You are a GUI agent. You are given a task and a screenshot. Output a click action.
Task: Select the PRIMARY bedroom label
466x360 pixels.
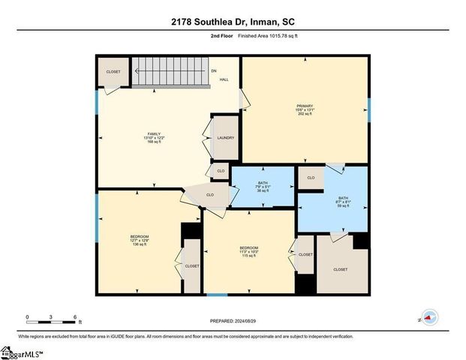tap(304, 109)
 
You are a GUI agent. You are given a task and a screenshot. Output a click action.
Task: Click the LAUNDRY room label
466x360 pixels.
tap(225, 138)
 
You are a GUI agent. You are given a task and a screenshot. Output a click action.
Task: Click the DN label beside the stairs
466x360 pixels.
tap(213, 71)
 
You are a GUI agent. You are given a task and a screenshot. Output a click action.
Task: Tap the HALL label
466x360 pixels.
tap(224, 79)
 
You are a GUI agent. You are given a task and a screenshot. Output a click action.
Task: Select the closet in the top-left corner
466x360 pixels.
tap(113, 72)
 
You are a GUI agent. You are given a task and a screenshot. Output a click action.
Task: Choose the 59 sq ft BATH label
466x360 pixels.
tap(343, 202)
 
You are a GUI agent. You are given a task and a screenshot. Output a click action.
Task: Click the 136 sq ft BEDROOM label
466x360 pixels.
tap(140, 240)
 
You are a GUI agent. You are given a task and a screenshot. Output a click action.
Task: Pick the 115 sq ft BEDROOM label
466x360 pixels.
tap(248, 251)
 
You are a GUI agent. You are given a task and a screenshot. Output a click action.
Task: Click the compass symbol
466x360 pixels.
tap(429, 317)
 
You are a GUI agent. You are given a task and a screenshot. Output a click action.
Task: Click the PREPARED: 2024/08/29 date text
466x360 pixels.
tap(233, 321)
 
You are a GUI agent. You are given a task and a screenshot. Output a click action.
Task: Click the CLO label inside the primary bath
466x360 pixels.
tap(311, 178)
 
